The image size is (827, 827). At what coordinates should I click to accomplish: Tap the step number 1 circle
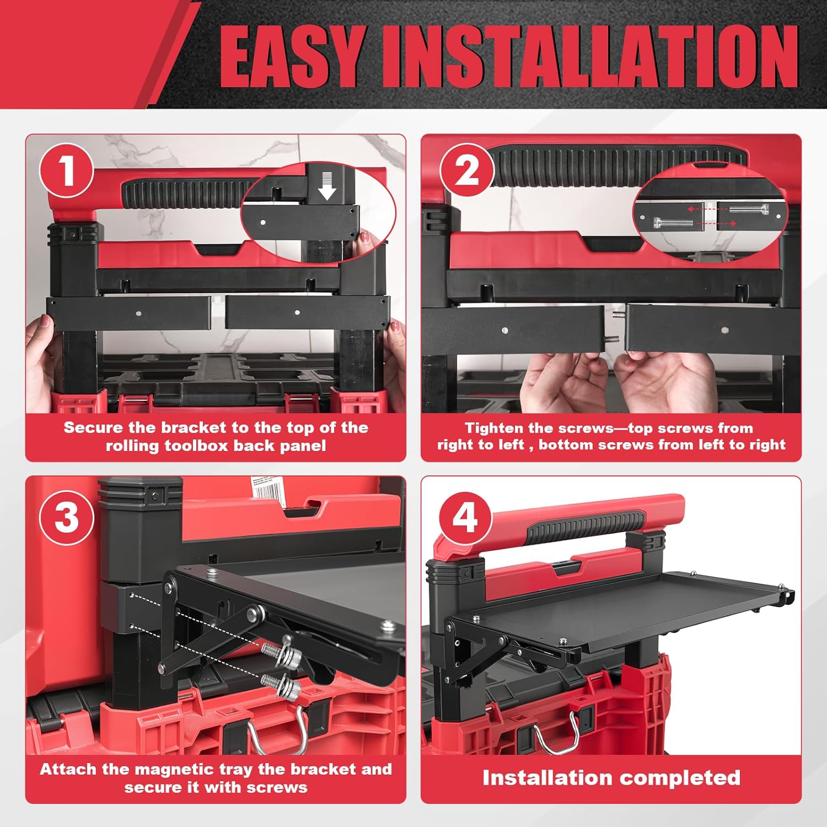pos(66,171)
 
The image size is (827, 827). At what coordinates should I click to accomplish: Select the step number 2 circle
pos(466,171)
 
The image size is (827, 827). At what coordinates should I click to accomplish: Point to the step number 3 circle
pos(67,518)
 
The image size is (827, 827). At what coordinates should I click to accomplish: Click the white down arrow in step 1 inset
pos(327,186)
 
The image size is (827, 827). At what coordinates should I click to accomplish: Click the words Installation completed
pos(611,777)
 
